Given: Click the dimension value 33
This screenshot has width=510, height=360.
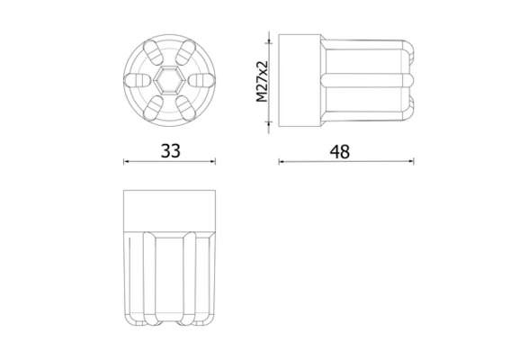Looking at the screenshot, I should pos(169,151).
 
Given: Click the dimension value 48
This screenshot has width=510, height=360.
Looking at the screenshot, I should pos(338,151).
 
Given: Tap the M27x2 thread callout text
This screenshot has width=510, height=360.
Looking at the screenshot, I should pos(262,82).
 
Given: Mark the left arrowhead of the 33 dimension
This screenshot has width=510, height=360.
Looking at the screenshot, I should pos(125,162).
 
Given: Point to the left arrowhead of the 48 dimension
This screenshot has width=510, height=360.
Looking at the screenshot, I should pos(281,162).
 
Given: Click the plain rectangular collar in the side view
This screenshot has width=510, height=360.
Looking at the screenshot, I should pos(300,81).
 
